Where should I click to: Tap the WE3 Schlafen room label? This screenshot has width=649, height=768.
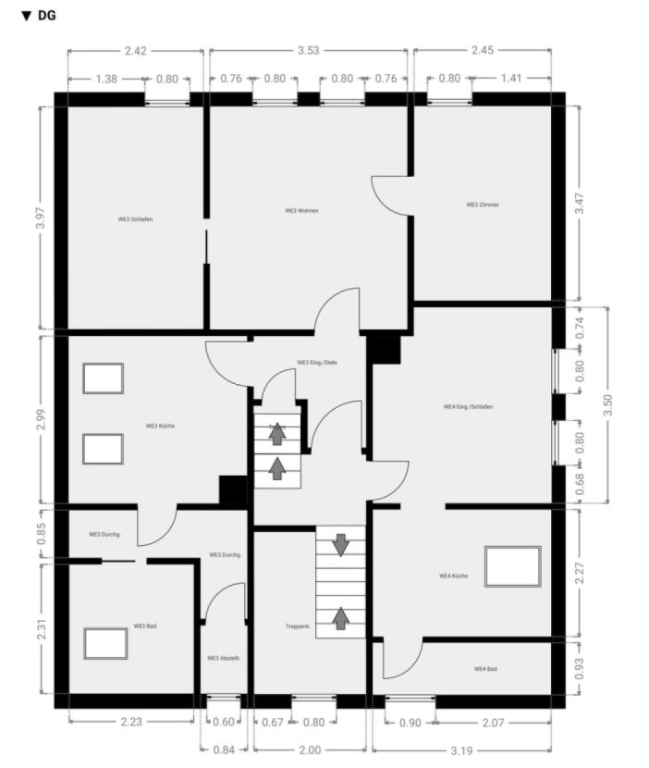[x=135, y=219]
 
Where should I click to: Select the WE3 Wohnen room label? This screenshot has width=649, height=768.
[x=301, y=211]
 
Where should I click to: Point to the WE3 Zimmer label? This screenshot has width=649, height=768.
[x=482, y=204]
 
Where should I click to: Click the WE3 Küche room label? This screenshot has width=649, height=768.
[x=160, y=426]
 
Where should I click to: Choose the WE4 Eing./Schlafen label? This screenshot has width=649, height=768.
[x=468, y=406]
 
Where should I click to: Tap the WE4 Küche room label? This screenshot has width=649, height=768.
[x=453, y=576]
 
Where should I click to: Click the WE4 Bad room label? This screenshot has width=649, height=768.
[x=485, y=668]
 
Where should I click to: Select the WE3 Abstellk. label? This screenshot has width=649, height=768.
[x=224, y=658]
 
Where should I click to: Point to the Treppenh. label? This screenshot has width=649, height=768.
[x=296, y=626]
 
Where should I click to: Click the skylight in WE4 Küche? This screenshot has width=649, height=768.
[x=512, y=566]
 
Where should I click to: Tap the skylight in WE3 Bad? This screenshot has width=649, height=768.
[x=105, y=643]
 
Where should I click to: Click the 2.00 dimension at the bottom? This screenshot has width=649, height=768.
[x=310, y=750]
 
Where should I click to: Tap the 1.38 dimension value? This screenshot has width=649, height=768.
[x=106, y=80]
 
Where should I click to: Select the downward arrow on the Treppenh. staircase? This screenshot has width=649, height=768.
[x=340, y=545]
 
